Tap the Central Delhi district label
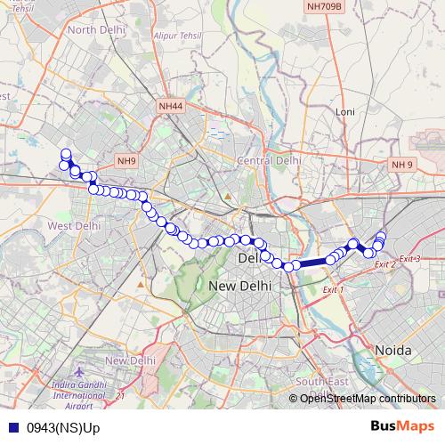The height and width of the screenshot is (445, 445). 268,160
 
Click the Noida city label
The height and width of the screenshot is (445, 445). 392,350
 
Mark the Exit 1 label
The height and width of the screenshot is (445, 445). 330,290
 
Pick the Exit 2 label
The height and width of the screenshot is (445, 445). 384,264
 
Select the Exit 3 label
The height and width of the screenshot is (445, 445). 410,258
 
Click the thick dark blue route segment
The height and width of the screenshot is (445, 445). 313,262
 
